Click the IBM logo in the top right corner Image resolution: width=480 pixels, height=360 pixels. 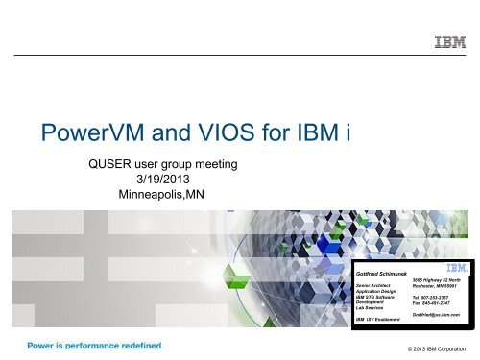[x=451, y=42]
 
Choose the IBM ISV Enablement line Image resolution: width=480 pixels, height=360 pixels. [x=381, y=318]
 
